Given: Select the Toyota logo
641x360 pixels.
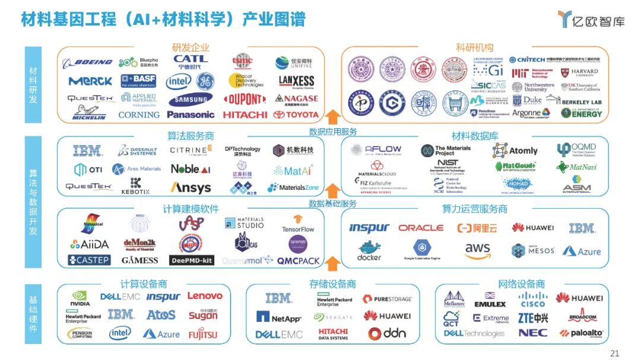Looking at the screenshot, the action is coord(296,114).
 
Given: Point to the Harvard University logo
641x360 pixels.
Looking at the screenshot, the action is coord(579,73).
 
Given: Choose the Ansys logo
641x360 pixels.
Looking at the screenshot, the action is coord(191,188).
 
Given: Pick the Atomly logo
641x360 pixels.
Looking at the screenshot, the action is coord(515,151).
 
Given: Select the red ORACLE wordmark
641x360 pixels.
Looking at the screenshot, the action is coord(421,228).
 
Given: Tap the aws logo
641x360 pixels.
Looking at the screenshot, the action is coord(477,251).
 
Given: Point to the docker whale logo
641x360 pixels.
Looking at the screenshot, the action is coord(369,250).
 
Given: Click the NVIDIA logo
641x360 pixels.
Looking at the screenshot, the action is coord(81,298).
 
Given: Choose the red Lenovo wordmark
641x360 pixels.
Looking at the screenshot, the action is coord(205,295).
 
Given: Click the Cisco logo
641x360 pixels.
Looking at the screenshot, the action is coord(532,299).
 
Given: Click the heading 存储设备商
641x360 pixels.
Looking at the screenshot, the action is coord(333,284).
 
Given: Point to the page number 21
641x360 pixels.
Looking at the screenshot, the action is coord(614,353).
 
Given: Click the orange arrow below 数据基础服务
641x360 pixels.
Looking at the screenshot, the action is coord(333,261).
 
